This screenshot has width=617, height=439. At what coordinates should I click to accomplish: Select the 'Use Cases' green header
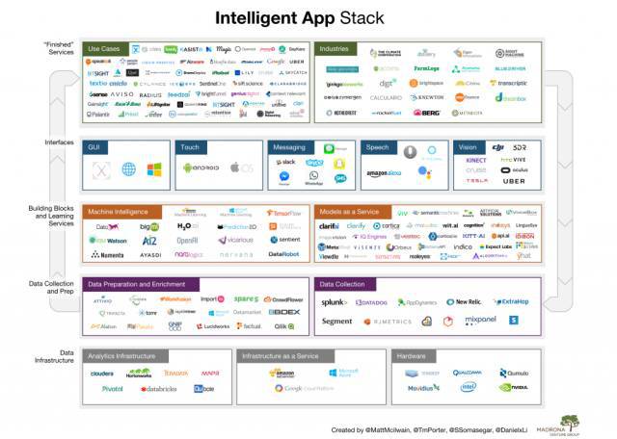click(x=105, y=48)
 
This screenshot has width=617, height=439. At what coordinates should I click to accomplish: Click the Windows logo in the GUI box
click(x=154, y=170)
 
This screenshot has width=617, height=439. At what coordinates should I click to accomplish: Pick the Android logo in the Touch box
click(x=199, y=168)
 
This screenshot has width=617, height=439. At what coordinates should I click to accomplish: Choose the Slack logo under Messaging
click(x=286, y=163)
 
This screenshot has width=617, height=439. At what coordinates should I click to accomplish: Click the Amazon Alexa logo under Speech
click(x=383, y=174)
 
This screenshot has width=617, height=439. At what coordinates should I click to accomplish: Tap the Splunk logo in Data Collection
click(x=335, y=302)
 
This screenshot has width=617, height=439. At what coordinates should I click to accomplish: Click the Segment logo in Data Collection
click(x=337, y=322)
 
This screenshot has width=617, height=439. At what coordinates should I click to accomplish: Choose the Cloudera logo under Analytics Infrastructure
click(x=102, y=373)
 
